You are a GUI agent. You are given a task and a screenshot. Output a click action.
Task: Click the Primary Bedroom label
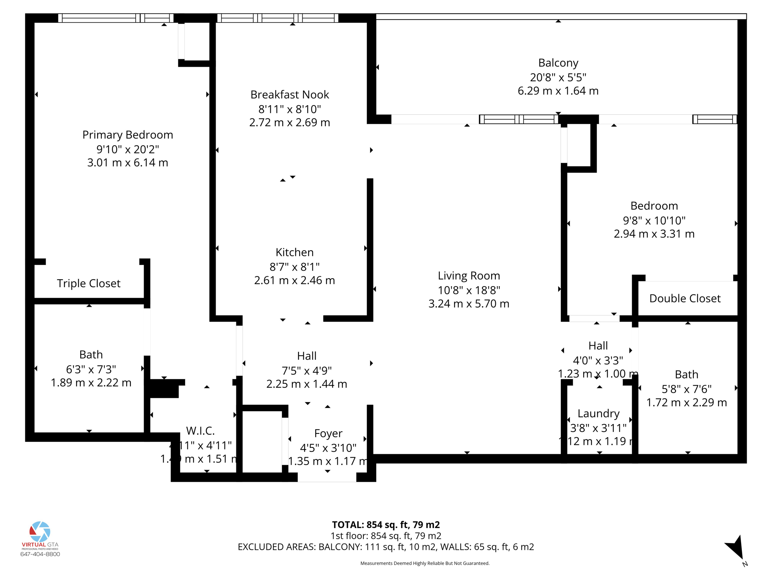127,135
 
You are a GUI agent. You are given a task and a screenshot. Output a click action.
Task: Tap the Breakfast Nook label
289,95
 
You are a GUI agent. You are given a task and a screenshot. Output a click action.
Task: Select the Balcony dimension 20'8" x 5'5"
558,77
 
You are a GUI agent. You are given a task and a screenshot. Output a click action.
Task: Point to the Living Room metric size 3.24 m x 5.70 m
469,304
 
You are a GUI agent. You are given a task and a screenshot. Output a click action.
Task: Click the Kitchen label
294,252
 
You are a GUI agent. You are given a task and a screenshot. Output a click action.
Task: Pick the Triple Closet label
89,283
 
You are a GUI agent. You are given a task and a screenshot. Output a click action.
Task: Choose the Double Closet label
685,299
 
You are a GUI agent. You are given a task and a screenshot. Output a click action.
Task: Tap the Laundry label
598,414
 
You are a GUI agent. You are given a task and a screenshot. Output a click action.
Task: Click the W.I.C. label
200,430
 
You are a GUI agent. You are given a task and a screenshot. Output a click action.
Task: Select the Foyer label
328,433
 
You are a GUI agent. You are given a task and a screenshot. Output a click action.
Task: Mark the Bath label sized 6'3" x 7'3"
91,355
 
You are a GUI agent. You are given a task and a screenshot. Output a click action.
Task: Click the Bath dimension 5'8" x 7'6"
686,389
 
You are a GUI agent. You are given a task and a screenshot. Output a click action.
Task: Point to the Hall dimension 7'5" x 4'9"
306,371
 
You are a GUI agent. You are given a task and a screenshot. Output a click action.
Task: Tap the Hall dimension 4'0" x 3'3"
598,361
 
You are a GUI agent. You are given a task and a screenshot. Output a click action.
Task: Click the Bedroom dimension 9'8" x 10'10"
654,220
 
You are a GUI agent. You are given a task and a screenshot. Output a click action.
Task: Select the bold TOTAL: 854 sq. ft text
386,525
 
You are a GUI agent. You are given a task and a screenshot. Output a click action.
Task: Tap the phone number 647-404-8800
40,554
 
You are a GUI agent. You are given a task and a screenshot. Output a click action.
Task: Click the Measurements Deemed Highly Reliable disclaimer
424,564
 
